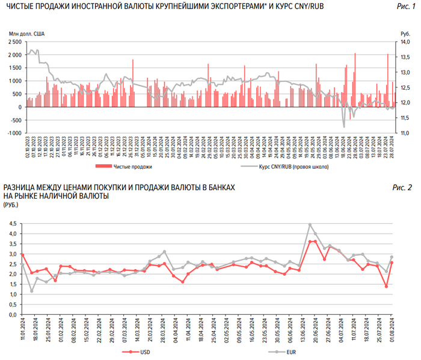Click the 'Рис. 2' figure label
[404, 188]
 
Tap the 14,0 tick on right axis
[405, 42]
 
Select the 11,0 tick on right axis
[405, 133]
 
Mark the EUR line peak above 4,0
[310, 225]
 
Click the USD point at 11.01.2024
[22, 254]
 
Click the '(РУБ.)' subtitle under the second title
[11, 205]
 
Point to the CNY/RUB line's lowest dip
[344, 126]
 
